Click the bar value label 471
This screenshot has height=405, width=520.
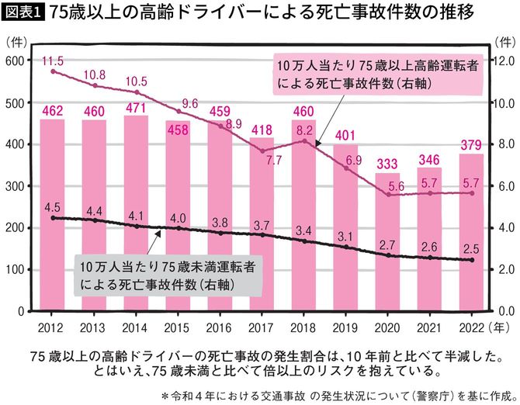[x=136, y=109]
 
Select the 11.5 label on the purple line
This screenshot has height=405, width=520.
[x=52, y=61]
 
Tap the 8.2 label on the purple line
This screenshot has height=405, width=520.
[x=305, y=130]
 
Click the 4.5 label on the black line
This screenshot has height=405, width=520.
[x=51, y=207]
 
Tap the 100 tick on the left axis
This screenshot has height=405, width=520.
[x=16, y=269]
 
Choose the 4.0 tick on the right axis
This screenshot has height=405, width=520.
[x=504, y=228]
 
